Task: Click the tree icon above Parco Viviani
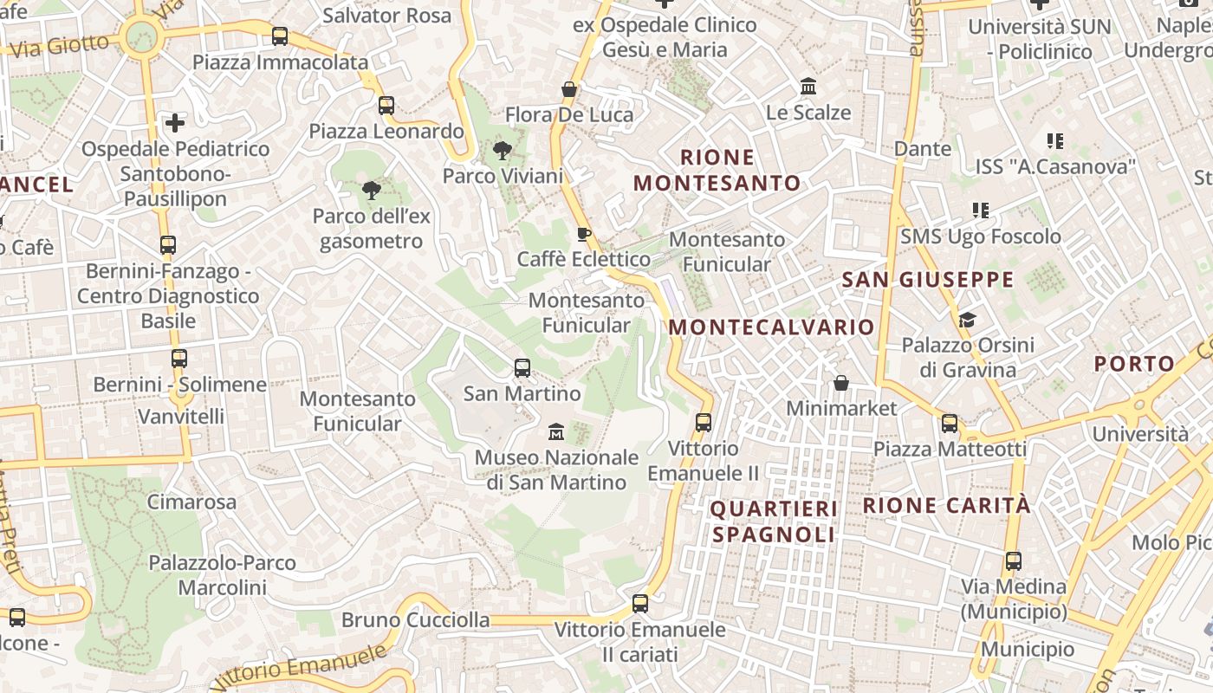502,152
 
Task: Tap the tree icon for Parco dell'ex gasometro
372,191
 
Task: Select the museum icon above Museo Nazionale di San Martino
556,431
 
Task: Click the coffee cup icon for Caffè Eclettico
584,234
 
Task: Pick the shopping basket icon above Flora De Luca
569,89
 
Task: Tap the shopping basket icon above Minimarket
840,383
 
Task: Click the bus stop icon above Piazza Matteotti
950,424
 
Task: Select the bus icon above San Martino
522,368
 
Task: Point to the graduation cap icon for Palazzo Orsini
967,321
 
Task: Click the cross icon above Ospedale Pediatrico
175,123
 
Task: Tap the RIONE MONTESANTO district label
717,170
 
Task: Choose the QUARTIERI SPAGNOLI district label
774,521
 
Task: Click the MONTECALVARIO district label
772,327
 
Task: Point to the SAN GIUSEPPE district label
927,279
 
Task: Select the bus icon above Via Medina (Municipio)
1013,561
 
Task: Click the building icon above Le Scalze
809,87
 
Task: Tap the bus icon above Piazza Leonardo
386,106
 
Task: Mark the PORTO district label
1134,364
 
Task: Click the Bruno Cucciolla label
415,620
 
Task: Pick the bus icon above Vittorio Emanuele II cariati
640,604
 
